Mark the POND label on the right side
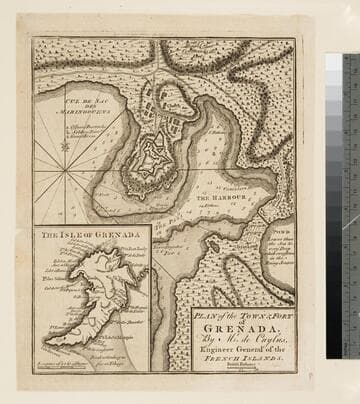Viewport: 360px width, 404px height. pyautogui.click(x=282, y=230)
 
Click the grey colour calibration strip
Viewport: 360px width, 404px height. pyautogui.click(x=333, y=200)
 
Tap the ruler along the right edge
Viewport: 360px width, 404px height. pyautogui.click(x=351, y=200)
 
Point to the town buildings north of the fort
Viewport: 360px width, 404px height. pyautogui.click(x=160, y=105)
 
